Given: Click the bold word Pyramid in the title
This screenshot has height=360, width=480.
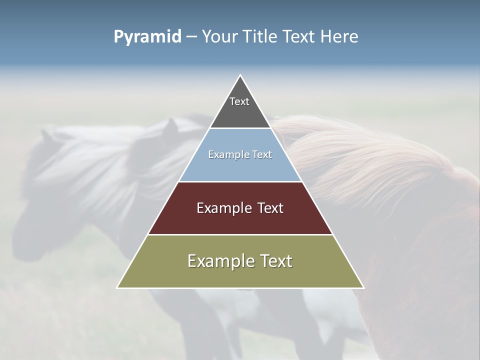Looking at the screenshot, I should pyautogui.click(x=147, y=36).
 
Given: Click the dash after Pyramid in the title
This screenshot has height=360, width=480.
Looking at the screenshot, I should pyautogui.click(x=191, y=37).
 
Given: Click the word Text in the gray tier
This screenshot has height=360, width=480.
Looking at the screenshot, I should pyautogui.click(x=239, y=101).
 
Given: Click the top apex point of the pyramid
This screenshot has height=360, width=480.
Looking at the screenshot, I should pyautogui.click(x=240, y=75).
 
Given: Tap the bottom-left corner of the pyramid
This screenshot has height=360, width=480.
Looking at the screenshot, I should pyautogui.click(x=117, y=287).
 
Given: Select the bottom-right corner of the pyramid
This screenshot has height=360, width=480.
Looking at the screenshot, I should pyautogui.click(x=363, y=287).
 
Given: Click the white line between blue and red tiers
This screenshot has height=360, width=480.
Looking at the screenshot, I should pyautogui.click(x=240, y=181).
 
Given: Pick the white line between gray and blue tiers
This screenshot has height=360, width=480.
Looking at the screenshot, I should pyautogui.click(x=240, y=128).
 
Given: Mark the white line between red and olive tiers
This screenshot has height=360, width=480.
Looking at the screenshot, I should pyautogui.click(x=240, y=234).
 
